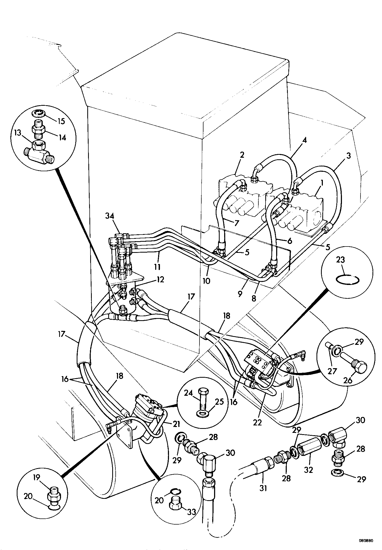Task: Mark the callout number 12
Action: pyautogui.click(x=160, y=279)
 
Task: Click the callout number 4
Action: pyautogui.click(x=305, y=140)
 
